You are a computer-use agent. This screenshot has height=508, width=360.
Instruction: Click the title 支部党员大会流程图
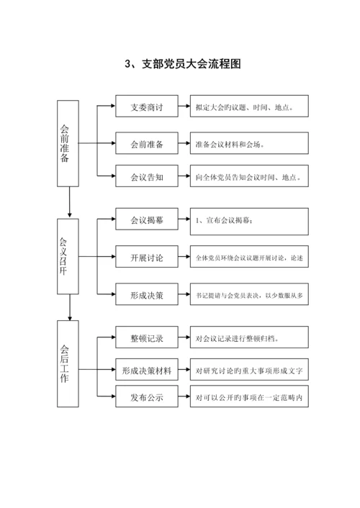tap(182, 64)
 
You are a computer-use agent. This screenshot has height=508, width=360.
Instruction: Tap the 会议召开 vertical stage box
tap(69, 256)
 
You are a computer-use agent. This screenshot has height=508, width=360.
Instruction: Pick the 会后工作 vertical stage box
tap(69, 363)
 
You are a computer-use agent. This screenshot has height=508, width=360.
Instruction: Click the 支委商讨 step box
tap(146, 108)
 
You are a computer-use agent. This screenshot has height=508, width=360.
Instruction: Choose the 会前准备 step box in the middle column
tap(146, 144)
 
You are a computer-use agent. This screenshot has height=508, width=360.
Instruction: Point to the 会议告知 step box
tap(146, 176)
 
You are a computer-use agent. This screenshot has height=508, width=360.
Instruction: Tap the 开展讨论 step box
tap(146, 257)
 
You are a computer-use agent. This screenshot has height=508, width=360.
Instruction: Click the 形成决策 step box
tap(146, 294)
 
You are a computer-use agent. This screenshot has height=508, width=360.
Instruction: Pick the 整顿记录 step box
tap(146, 337)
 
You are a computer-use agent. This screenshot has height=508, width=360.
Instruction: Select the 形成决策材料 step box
tap(146, 371)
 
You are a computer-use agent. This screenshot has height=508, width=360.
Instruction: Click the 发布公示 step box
tap(146, 396)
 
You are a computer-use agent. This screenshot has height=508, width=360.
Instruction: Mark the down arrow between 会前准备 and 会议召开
tap(69, 202)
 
